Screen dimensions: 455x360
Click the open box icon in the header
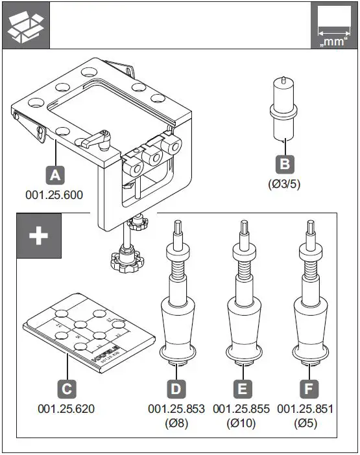tap(25, 25)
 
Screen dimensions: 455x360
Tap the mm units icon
tap(333, 25)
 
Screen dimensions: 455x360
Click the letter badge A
tap(55, 174)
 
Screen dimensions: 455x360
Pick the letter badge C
tap(66, 390)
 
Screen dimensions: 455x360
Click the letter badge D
tap(176, 390)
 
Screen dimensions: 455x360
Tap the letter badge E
tap(241, 390)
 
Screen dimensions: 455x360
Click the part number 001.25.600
tap(54, 194)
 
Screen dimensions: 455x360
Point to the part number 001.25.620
tap(66, 409)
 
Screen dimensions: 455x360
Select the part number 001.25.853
tap(176, 409)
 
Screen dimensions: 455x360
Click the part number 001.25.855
tap(241, 409)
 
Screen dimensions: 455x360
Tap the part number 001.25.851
tap(306, 409)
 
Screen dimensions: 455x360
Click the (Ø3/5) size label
tap(283, 183)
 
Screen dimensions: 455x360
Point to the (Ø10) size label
tap(241, 423)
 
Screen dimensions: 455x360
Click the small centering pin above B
tap(282, 108)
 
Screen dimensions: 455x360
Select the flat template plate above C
tap(89, 331)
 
